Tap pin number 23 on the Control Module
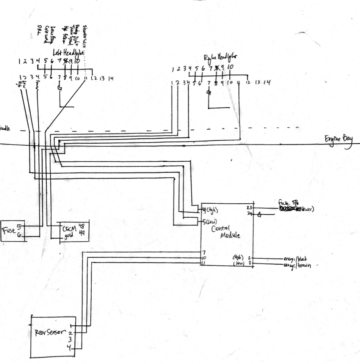(x=249, y=208)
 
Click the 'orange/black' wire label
(x=297, y=259)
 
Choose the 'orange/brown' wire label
(x=297, y=265)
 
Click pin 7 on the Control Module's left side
(x=203, y=252)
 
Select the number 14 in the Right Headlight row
(x=267, y=82)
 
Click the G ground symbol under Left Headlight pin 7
(x=59, y=88)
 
